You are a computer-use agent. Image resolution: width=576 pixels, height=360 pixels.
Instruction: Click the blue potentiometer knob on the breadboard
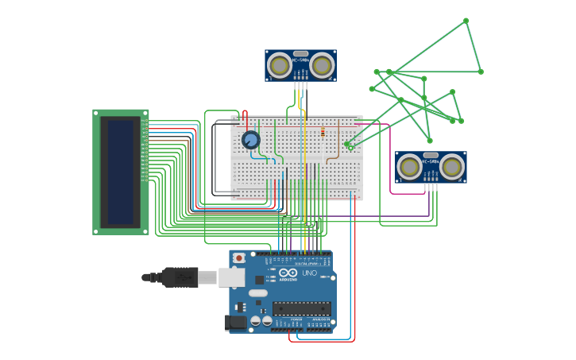[x=250, y=140]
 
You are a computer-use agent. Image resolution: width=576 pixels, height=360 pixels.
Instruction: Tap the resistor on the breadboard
[x=323, y=133]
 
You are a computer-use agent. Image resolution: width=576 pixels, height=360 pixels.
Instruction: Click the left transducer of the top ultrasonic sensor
[x=279, y=64]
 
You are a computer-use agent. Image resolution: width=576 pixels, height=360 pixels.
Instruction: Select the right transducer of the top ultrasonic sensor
[x=322, y=64]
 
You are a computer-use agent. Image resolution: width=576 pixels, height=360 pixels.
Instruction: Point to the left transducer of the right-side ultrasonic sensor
[x=409, y=167]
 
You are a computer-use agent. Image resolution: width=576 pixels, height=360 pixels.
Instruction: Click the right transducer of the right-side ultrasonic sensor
[x=452, y=167]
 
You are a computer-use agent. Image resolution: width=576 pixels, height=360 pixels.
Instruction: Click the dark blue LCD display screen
[x=121, y=172]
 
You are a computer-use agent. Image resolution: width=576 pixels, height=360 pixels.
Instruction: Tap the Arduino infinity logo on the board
[x=288, y=273]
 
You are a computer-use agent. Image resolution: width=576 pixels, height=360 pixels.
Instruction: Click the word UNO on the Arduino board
[x=309, y=273]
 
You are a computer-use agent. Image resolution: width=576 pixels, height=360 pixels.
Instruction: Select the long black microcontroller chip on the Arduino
[x=301, y=308]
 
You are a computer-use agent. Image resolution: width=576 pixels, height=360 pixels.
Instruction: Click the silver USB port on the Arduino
[x=231, y=277]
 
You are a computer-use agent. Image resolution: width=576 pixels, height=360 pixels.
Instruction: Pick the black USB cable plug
[x=180, y=277]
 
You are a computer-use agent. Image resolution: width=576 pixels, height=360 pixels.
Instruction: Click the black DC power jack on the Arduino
[x=235, y=322]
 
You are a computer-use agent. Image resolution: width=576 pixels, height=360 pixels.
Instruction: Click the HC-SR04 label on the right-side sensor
[x=431, y=162]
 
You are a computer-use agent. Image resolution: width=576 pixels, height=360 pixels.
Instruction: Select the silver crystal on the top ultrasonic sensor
[x=300, y=54]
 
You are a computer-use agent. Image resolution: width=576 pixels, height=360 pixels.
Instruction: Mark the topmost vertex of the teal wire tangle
[x=466, y=21]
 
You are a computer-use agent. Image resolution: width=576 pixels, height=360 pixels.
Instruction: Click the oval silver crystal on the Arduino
[x=258, y=293]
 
